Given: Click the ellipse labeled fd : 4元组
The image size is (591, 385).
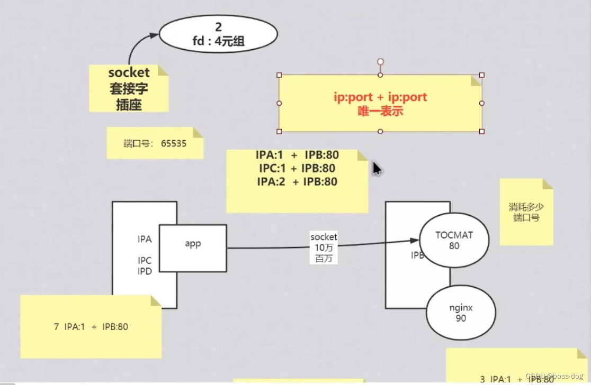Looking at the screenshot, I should [x=218, y=34].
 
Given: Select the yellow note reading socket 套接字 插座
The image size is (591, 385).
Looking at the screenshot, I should [x=129, y=88].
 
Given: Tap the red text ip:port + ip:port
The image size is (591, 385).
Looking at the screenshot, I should [x=380, y=97].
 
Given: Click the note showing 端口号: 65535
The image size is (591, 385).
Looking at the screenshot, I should [x=155, y=143].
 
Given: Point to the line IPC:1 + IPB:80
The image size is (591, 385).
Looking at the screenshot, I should [x=297, y=169].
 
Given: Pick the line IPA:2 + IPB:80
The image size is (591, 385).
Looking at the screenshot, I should [x=297, y=182].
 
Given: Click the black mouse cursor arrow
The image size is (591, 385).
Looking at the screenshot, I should [x=376, y=168].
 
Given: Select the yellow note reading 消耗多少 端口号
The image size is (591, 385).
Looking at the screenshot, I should [x=526, y=212].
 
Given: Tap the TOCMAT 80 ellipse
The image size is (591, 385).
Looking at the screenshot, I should [x=454, y=241].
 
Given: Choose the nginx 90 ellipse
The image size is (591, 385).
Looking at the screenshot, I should [x=461, y=313].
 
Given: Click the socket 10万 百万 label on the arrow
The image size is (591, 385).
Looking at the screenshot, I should [x=324, y=247].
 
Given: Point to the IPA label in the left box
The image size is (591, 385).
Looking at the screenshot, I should [x=145, y=240].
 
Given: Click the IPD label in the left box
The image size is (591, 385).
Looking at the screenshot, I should [x=145, y=271].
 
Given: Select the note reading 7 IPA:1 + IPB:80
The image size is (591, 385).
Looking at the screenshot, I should [x=91, y=327].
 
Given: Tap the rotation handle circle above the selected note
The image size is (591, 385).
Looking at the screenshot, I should [x=380, y=62].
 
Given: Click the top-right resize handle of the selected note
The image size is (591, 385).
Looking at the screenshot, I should [x=481, y=75].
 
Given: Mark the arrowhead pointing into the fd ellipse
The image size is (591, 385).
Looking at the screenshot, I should [x=154, y=35].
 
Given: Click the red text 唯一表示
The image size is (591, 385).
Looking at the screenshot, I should [x=380, y=111].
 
